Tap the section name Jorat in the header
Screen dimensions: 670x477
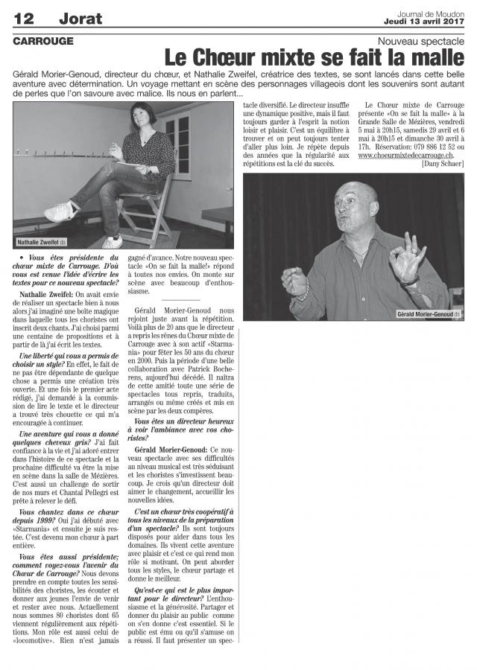tap(80, 18)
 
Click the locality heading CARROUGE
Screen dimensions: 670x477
tap(42, 41)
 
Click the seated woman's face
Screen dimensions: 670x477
tap(139, 118)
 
